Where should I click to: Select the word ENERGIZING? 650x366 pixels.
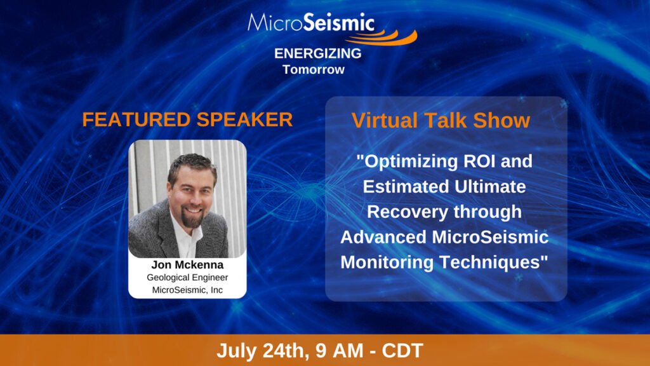pos(317,53)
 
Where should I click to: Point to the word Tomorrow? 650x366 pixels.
pos(314,69)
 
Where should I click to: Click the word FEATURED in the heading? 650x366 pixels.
pos(136,119)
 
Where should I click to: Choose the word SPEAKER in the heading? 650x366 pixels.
pos(244,119)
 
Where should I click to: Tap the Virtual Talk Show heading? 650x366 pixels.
pos(441,120)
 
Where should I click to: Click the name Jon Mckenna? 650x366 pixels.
pos(187,265)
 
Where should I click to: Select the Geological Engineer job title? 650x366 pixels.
pos(187,278)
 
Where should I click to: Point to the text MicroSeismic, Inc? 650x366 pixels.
pos(187,290)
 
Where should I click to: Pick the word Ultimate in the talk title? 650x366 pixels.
pos(490,186)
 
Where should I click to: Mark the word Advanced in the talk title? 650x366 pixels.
pos(383,237)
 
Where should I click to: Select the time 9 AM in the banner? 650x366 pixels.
pos(340,350)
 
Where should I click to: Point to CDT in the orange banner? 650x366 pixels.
pos(402,350)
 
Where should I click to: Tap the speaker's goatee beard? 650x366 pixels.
pos(192,217)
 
